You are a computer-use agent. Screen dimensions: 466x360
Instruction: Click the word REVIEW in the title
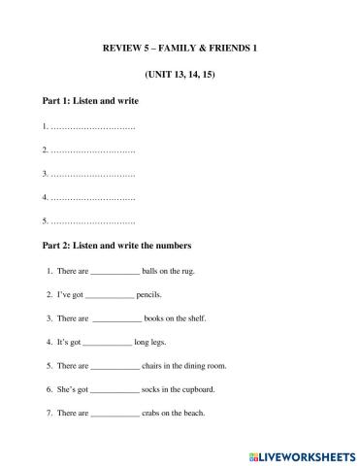120,47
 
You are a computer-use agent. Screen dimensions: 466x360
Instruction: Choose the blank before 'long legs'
107,343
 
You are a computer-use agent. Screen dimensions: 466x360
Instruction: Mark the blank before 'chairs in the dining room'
115,366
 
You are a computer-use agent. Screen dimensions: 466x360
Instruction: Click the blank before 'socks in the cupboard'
115,390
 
